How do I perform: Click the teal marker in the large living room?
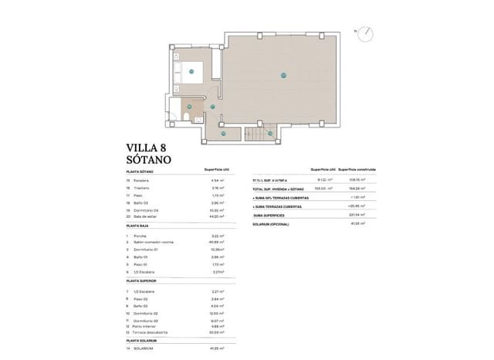pyautogui.click(x=283, y=75)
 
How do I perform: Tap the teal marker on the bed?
pyautogui.click(x=191, y=71)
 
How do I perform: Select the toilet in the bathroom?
pyautogui.click(x=188, y=116)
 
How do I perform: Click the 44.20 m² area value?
pyautogui.click(x=217, y=217)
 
